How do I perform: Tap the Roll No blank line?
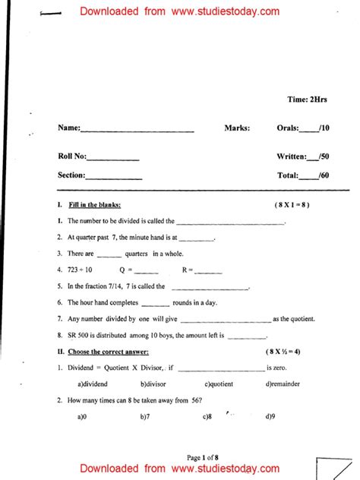point(113,159)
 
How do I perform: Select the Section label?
point(71,175)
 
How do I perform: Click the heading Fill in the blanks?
point(94,206)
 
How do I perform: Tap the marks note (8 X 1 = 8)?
point(292,206)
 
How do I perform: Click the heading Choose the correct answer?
point(109,352)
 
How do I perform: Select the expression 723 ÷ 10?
point(80,270)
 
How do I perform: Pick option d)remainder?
point(284,384)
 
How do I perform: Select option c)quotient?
point(219,384)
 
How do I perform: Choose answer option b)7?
point(145,417)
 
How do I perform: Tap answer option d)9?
point(270,417)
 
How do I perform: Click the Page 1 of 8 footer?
point(203,457)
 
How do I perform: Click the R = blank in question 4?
point(203,270)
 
